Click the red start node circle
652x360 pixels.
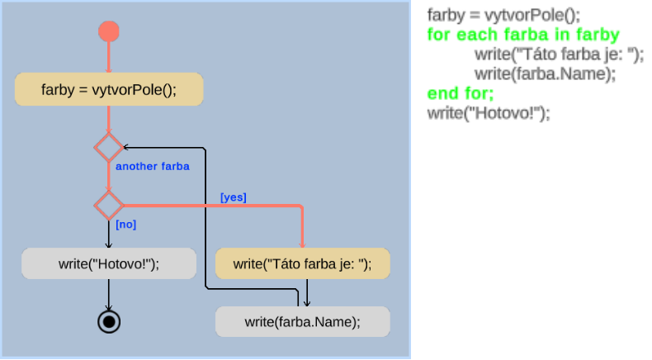[x=109, y=31]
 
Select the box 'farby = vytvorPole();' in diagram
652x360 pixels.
[x=109, y=89]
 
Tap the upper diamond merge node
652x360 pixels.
[x=108, y=147]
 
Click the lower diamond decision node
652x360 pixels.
[x=108, y=203]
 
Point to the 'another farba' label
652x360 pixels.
[x=153, y=167]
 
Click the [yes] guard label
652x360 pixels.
[x=234, y=197]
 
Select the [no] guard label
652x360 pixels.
[x=126, y=224]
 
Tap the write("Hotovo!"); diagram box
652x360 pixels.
[x=109, y=263]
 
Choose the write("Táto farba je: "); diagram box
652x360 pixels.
[x=302, y=263]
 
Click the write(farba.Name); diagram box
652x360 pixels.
[x=302, y=321]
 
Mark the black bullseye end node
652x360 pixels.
[x=109, y=321]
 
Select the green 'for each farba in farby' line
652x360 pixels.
[x=523, y=36]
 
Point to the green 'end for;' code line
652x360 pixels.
[x=461, y=92]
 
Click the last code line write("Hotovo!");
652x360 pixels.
[x=488, y=112]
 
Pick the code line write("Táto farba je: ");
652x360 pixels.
[x=559, y=54]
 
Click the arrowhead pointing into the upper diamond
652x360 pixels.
[x=125, y=147]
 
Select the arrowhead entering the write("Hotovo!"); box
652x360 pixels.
[x=109, y=244]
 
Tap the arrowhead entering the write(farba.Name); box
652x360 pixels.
[x=307, y=303]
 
